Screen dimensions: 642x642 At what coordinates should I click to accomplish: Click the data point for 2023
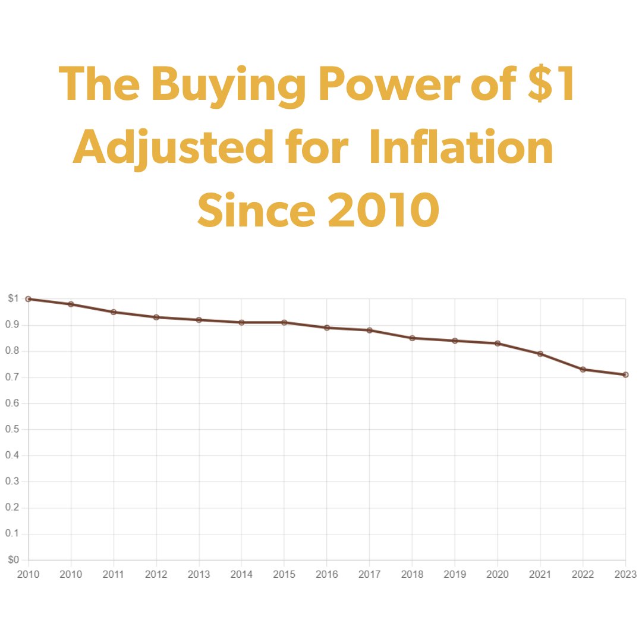tap(625, 374)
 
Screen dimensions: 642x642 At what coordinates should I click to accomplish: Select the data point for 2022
tap(583, 369)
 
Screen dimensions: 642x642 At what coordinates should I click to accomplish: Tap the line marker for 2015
tap(284, 322)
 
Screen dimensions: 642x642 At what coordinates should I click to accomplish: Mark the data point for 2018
tap(412, 338)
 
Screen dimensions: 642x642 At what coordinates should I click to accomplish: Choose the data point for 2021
tap(540, 354)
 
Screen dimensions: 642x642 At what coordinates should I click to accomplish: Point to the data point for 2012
tap(156, 317)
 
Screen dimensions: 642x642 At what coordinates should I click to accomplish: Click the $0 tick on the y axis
tap(14, 560)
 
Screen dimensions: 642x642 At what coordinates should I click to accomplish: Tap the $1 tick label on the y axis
tap(14, 298)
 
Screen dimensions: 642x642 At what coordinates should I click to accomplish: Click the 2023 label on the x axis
tap(625, 574)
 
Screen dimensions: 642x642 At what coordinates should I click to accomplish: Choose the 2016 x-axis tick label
tap(326, 574)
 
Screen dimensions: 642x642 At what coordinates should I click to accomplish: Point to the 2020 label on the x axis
tap(498, 574)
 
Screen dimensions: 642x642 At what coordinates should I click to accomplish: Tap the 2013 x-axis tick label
tap(199, 574)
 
